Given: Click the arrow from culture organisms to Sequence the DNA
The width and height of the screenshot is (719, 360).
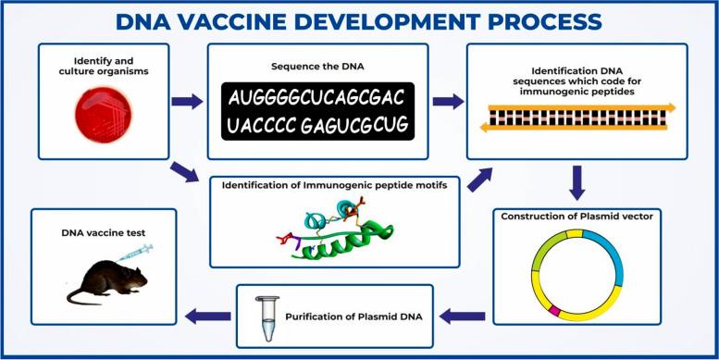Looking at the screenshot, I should click(x=186, y=101).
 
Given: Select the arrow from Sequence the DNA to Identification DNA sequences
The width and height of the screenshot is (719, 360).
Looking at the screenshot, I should click(x=449, y=101).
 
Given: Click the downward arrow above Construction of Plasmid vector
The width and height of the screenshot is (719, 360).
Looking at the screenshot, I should click(x=576, y=182).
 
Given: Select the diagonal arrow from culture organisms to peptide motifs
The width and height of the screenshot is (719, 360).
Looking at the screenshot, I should click(x=184, y=169).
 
